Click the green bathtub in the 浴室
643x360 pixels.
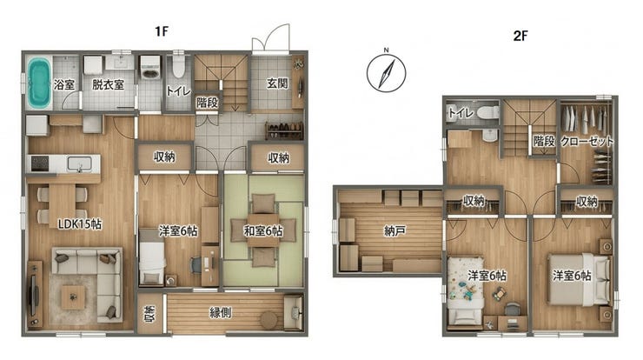tap(39, 83)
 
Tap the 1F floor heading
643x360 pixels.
tap(162, 31)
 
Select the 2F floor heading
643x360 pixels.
tap(520, 36)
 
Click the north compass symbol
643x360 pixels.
tap(387, 72)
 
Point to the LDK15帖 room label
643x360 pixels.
tap(80, 224)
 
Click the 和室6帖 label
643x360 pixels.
tap(263, 231)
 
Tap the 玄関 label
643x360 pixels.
tap(277, 83)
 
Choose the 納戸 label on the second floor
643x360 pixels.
tap(394, 231)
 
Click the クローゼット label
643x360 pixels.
tap(587, 142)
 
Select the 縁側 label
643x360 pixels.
tap(221, 313)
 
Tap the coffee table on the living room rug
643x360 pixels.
tap(73, 297)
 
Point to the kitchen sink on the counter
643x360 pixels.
tap(79, 163)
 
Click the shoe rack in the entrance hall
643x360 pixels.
tap(284, 131)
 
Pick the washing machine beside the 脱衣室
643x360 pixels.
tap(149, 68)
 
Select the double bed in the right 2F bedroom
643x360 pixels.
tap(580, 279)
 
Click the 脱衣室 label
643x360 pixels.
tap(108, 84)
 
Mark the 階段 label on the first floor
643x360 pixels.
tap(207, 103)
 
